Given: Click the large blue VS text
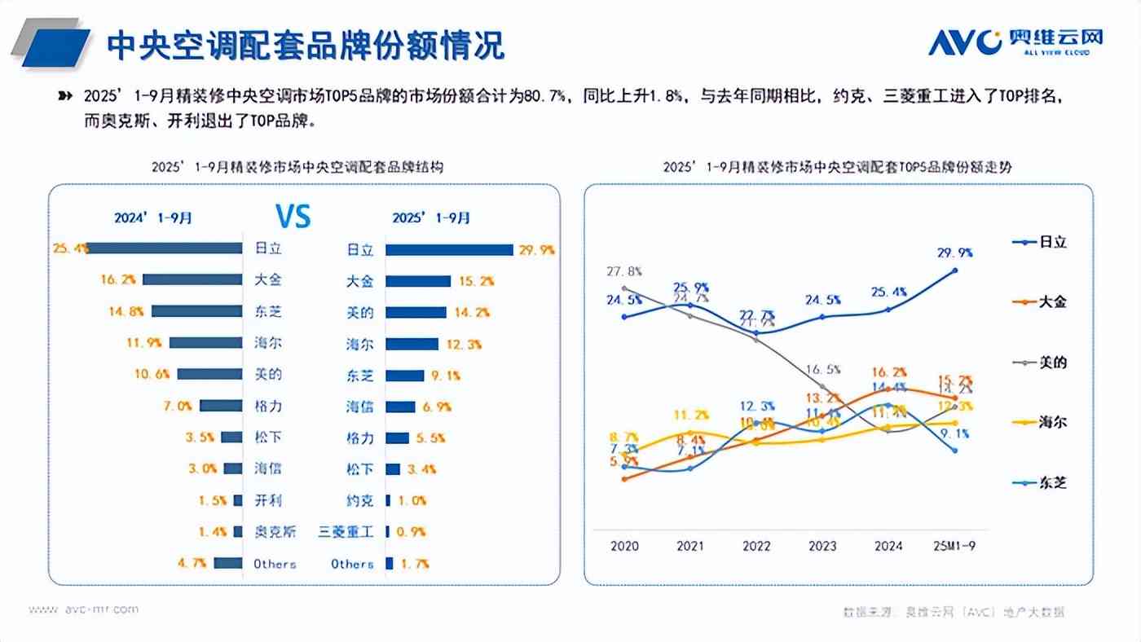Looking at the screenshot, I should [x=293, y=217].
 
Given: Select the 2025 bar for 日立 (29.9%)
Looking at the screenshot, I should [x=448, y=250].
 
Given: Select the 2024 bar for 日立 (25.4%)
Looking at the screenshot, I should [x=165, y=248].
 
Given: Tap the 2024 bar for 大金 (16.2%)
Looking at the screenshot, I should [x=192, y=279].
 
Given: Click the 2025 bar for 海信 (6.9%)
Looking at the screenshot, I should [x=400, y=407].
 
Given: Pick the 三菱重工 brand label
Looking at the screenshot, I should [x=346, y=532].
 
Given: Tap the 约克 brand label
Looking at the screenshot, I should [x=359, y=500].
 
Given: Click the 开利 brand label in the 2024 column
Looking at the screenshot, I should [x=268, y=500].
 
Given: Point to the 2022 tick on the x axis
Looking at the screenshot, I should [x=756, y=547].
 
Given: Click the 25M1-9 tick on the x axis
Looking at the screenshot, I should [x=954, y=547].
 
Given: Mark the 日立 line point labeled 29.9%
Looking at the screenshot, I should [x=954, y=270].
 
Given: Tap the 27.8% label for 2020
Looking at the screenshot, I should [x=624, y=271].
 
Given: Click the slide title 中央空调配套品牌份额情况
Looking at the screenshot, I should [x=306, y=46].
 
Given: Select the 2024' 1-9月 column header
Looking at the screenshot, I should [x=154, y=218].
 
